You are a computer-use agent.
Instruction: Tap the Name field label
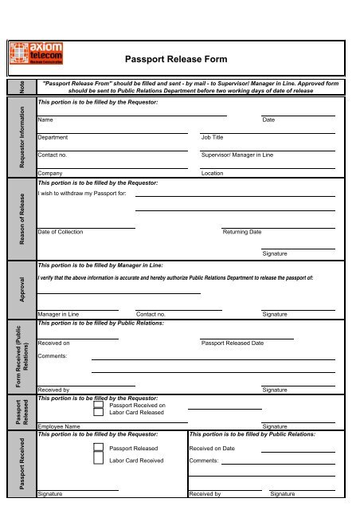tap(45, 120)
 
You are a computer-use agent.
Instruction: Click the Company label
tap(51, 172)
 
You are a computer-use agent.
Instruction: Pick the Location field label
tap(213, 172)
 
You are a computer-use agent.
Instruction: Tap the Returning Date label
tap(241, 231)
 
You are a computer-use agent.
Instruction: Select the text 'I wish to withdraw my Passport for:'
tap(82, 194)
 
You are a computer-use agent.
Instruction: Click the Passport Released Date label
tap(233, 342)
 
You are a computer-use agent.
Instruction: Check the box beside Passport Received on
tap(98, 405)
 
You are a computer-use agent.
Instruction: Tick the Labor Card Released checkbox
tap(98, 413)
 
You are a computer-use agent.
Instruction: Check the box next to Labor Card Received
tap(98, 461)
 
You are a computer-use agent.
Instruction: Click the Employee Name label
tap(59, 427)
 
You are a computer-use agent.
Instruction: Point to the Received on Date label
tap(212, 449)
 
